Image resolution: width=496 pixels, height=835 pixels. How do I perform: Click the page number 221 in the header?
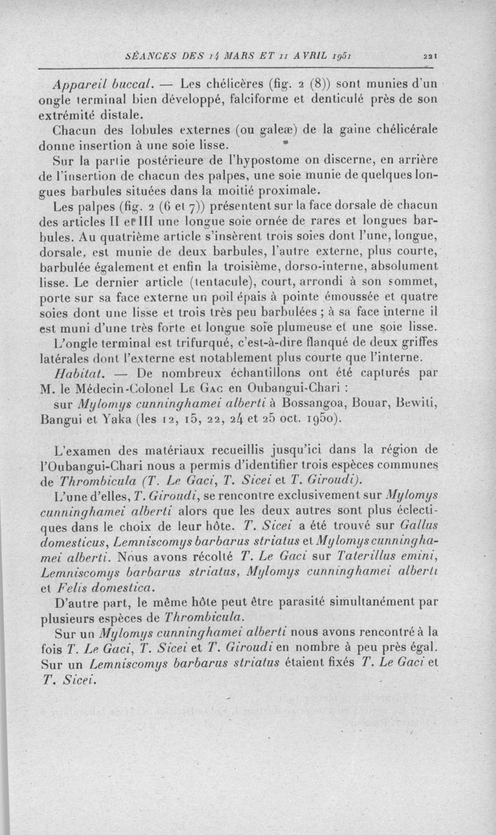point(432,55)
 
